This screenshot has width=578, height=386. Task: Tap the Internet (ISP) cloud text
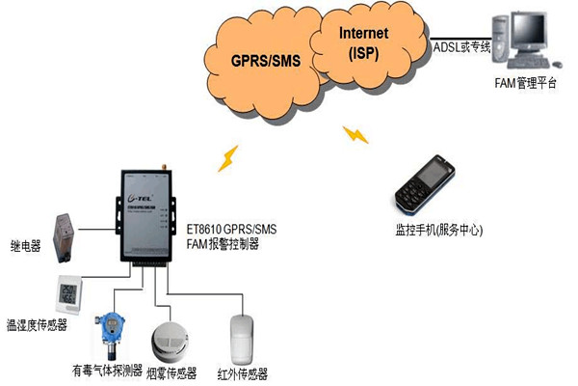[363, 43]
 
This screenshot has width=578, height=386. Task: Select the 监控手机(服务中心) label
[438, 231]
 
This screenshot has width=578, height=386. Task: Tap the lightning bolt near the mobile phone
[357, 134]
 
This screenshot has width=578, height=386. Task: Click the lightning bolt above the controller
[228, 158]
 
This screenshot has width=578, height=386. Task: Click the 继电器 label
[25, 247]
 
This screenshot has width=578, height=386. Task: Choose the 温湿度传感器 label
[37, 325]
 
